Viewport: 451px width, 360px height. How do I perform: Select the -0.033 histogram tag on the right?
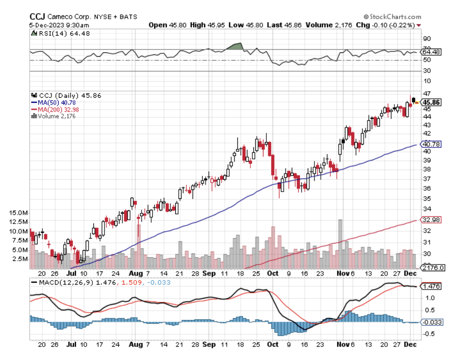click(431, 322)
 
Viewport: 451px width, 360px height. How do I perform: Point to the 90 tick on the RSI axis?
click(427, 38)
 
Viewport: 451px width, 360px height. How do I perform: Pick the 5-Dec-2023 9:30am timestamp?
click(59, 25)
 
